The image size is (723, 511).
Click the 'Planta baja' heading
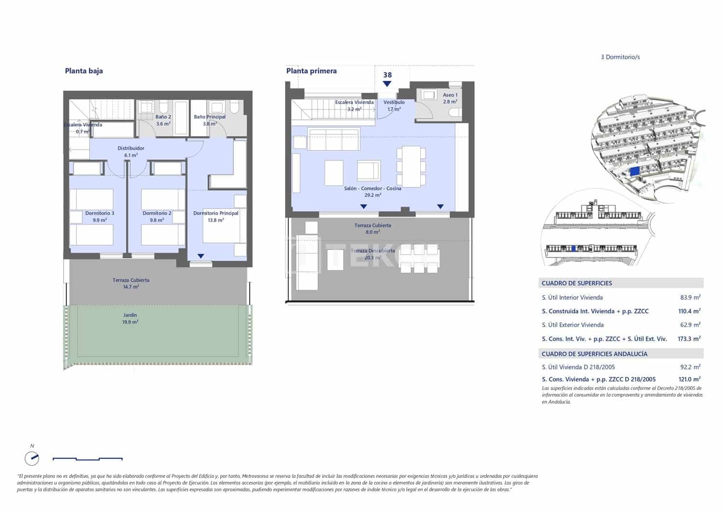(84, 71)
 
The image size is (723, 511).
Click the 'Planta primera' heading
(311, 71)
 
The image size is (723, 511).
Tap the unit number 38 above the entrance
(388, 75)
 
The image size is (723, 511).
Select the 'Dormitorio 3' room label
(100, 213)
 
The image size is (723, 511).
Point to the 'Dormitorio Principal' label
(216, 213)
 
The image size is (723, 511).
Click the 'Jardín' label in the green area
(130, 315)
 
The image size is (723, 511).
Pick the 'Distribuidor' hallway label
(131, 148)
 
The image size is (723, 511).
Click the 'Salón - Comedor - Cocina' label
(373, 188)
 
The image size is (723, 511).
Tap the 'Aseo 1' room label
(450, 95)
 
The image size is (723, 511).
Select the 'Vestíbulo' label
(394, 103)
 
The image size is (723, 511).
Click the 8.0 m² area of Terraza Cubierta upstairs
(373, 232)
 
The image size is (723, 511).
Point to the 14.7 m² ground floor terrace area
(131, 287)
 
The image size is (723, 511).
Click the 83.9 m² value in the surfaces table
(690, 298)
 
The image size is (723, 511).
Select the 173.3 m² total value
(689, 339)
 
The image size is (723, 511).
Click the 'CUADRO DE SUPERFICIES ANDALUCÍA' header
(594, 354)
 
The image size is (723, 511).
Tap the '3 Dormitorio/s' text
(620, 57)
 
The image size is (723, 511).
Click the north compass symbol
(32, 458)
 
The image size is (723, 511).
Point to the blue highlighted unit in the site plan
(635, 171)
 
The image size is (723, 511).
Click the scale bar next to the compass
(87, 459)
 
